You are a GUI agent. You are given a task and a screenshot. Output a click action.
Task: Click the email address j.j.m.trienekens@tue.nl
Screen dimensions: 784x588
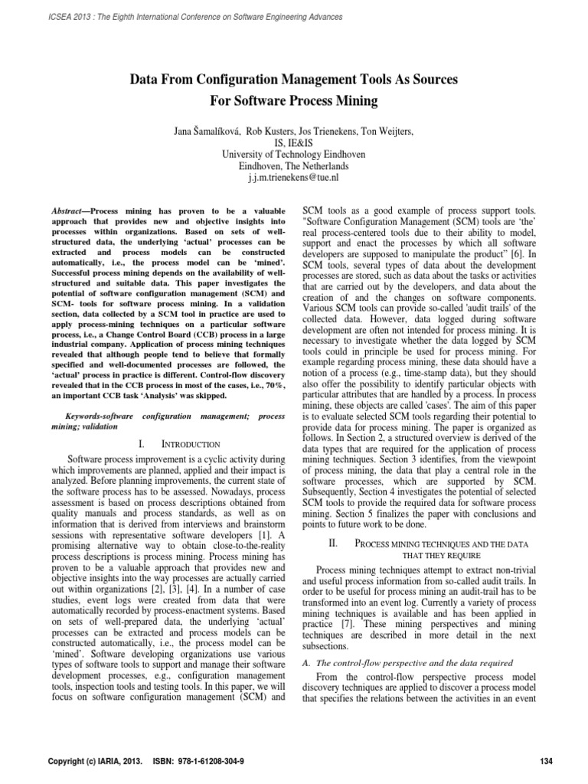point(293,176)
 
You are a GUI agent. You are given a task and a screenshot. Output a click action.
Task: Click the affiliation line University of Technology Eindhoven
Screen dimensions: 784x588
point(293,153)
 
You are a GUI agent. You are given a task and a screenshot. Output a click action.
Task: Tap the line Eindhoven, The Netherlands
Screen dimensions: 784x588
point(293,165)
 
